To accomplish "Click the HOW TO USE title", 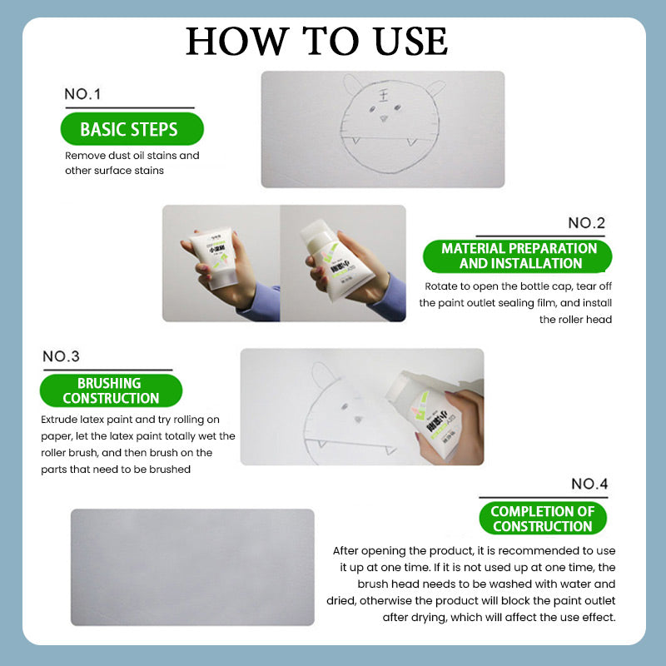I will [316, 42].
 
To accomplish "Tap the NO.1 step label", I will [82, 94].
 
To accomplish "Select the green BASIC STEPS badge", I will [128, 130].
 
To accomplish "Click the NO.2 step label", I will [586, 223].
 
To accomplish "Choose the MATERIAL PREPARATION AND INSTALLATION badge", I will [519, 256].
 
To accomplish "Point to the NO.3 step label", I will [61, 356].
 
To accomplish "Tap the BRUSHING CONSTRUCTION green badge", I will [109, 390].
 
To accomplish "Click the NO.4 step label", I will [589, 484].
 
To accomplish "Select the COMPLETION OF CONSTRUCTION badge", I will [542, 519].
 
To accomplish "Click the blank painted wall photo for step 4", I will [192, 567].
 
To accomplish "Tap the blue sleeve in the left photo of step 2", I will [259, 302].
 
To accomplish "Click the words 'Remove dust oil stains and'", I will [132, 156].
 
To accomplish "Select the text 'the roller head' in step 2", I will [575, 319].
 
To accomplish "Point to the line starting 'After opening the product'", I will [474, 551].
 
